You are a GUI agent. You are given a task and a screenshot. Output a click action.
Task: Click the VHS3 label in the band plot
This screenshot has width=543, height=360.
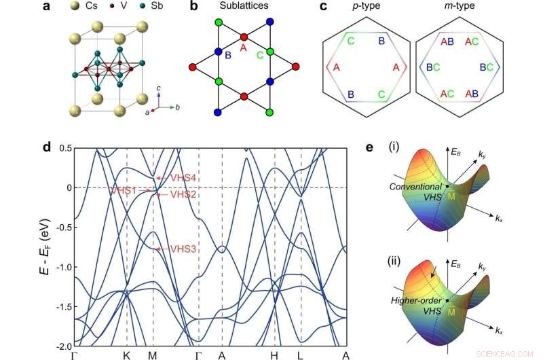tap(183, 249)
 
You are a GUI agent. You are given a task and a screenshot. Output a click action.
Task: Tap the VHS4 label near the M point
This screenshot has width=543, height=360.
tap(183, 178)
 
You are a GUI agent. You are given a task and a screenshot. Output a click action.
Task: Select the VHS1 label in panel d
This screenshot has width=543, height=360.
tap(125, 191)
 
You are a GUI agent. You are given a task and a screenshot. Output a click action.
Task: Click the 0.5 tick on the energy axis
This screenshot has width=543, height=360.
tap(64, 147)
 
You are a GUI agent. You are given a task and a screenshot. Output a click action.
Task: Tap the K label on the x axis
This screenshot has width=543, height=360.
tap(127, 355)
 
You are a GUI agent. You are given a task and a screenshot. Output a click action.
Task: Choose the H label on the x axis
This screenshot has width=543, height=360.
tap(274, 355)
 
